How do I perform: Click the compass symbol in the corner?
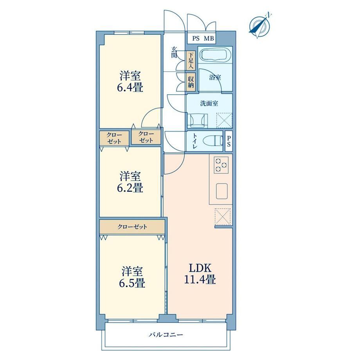click(x=260, y=25)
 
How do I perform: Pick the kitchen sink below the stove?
click(x=222, y=191)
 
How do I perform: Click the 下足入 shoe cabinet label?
click(x=191, y=61)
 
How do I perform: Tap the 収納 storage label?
click(x=191, y=82)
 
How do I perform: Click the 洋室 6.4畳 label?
click(x=130, y=81)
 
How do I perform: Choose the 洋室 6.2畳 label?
click(x=130, y=182)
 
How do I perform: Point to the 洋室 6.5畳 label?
click(x=132, y=277)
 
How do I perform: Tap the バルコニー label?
click(x=166, y=335)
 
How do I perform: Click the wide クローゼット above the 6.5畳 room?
click(x=132, y=227)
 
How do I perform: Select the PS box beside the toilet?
click(x=229, y=141)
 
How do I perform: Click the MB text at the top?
click(x=209, y=38)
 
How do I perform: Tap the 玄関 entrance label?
click(x=175, y=52)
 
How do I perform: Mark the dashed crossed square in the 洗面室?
click(x=224, y=120)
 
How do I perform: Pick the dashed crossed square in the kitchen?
click(x=223, y=216)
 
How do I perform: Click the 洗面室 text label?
click(x=209, y=104)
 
